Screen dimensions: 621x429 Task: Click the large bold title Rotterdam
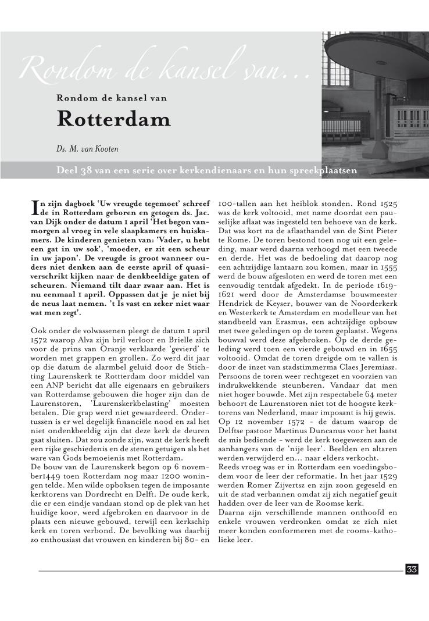point(113,119)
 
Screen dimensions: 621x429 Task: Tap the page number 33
point(412,569)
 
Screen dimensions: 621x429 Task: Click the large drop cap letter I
point(34,208)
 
